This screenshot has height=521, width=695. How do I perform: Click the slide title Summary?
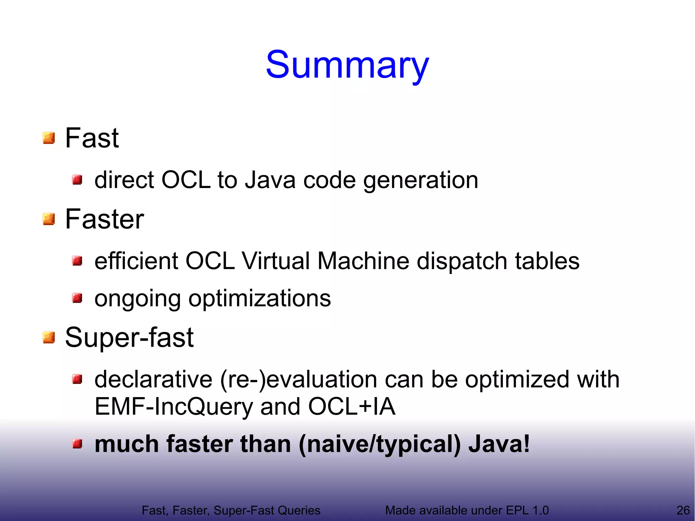point(347,65)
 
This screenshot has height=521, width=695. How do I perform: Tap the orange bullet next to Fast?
point(49,138)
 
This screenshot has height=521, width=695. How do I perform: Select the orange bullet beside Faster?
point(49,219)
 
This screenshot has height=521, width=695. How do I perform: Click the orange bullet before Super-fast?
point(49,337)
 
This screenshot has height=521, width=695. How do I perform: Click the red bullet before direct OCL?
point(77,180)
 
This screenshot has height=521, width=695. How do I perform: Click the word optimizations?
point(259,299)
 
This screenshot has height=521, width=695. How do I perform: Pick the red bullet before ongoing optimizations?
point(77,298)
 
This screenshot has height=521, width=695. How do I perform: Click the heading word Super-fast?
point(129,337)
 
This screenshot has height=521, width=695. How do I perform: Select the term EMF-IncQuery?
point(173,407)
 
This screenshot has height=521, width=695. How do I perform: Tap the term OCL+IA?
point(352,407)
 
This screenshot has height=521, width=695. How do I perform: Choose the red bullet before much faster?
point(77,443)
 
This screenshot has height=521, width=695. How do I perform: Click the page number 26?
point(683,510)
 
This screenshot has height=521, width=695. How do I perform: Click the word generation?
point(420,181)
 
